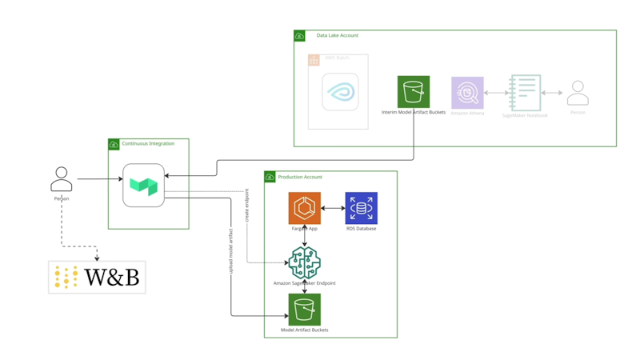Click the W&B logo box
tap(97, 277)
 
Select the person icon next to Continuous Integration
tap(62, 179)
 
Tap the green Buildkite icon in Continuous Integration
tap(144, 186)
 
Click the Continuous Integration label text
tap(148, 144)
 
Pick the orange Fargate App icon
tap(305, 208)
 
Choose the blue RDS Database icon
tap(361, 208)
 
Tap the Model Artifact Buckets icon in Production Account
tap(304, 310)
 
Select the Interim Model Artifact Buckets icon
tap(414, 92)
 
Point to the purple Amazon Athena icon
tap(467, 94)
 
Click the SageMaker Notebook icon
tap(525, 94)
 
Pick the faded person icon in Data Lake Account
tap(578, 94)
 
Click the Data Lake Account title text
tap(338, 35)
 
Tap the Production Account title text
tap(300, 177)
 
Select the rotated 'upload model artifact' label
tap(231, 252)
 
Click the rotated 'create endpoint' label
tap(247, 206)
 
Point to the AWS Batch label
tap(338, 58)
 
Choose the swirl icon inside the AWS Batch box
tap(340, 92)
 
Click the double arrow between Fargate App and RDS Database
tap(333, 208)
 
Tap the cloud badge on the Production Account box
tap(270, 177)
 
